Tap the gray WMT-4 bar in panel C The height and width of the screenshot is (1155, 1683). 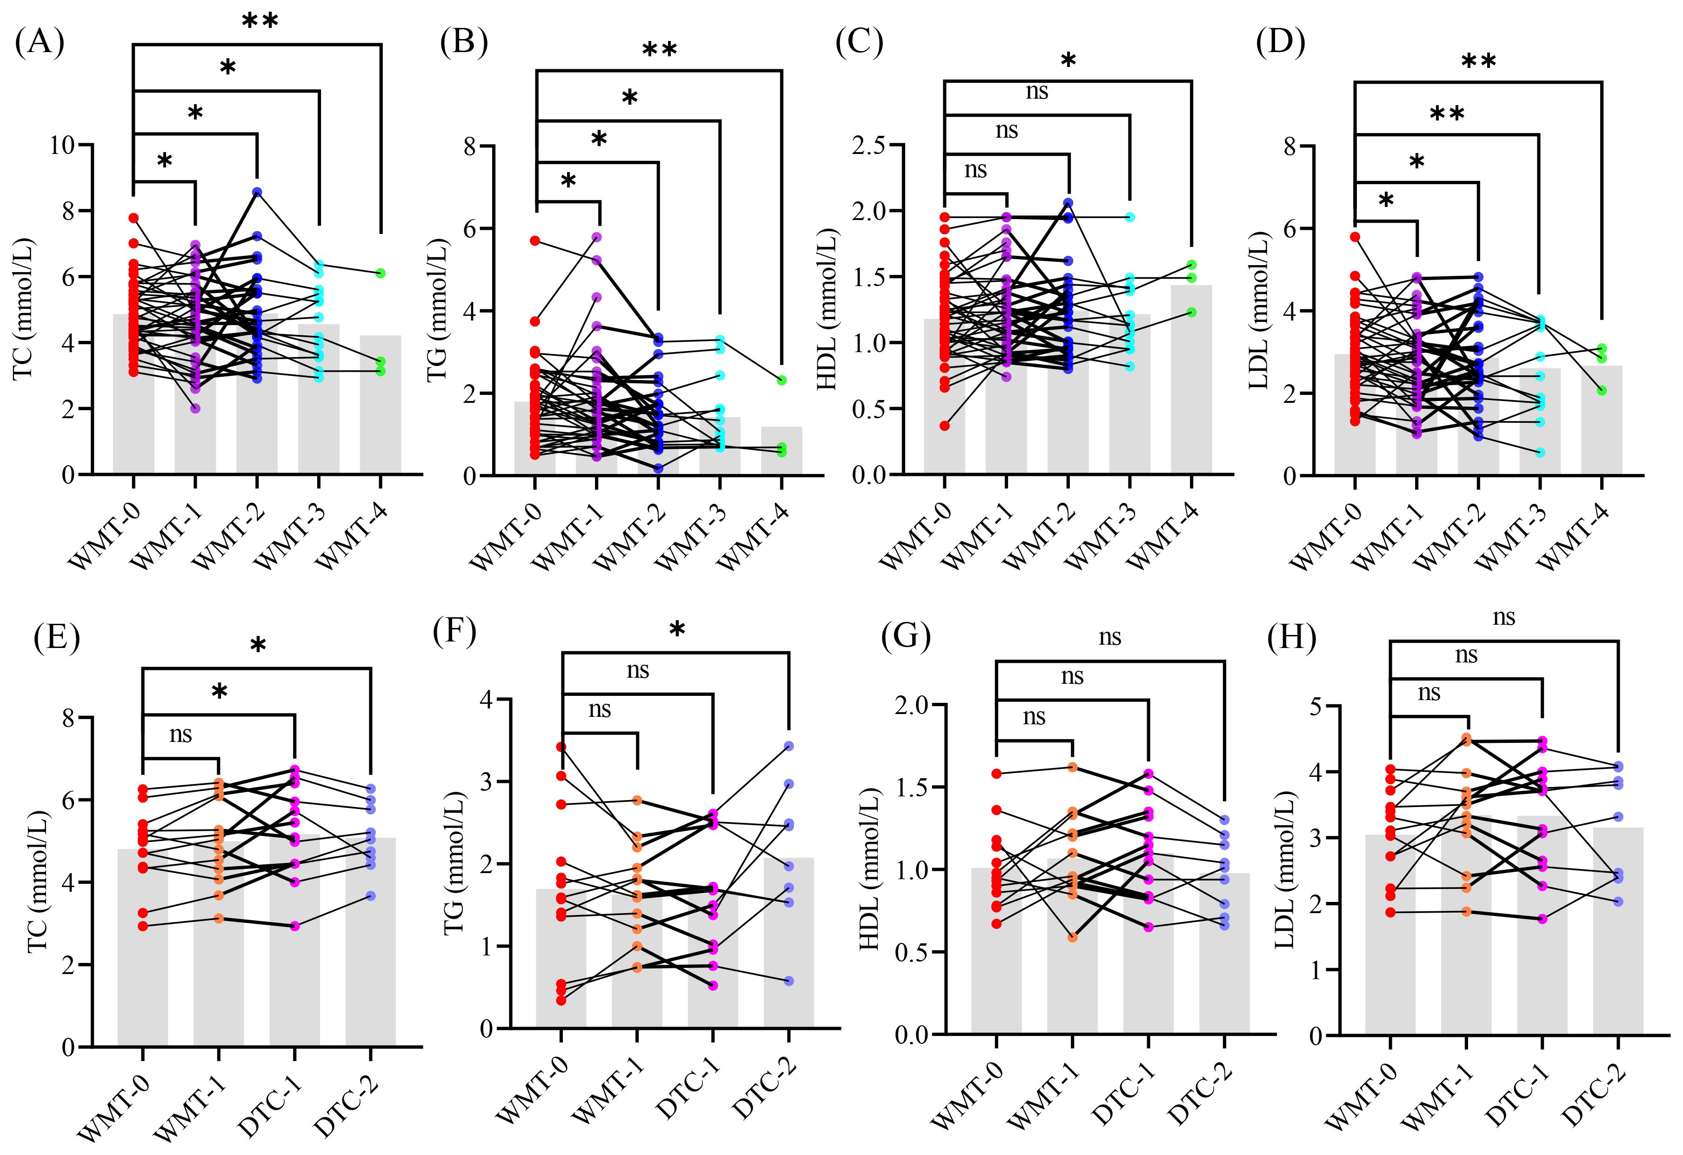[1191, 380]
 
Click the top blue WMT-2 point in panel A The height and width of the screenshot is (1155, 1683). [257, 192]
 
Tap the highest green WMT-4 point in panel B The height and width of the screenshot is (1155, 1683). [782, 380]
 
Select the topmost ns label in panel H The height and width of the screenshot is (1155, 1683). [1504, 618]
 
